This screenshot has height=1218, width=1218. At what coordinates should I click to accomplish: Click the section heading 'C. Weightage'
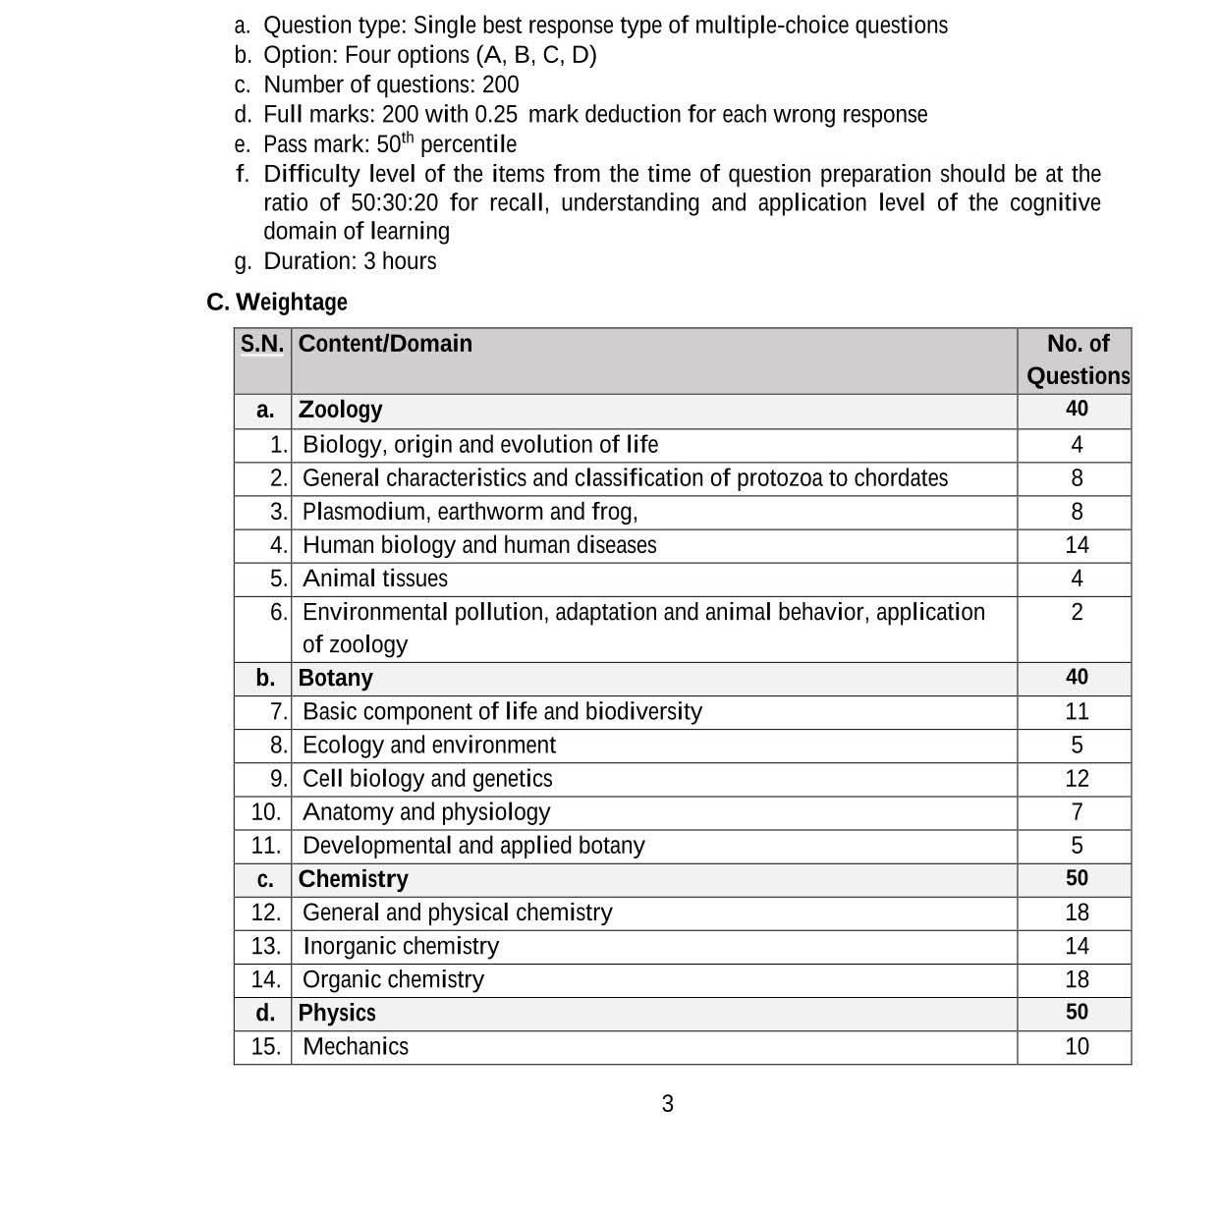277,302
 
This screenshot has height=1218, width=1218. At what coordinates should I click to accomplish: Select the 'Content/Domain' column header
385,344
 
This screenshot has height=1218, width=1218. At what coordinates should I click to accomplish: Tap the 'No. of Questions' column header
1078,360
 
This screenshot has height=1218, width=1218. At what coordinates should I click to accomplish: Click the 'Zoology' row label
340,410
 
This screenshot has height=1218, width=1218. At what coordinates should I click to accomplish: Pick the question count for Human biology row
1077,545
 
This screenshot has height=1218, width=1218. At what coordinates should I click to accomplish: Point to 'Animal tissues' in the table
375,579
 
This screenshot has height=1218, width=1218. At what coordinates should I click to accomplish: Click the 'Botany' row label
335,679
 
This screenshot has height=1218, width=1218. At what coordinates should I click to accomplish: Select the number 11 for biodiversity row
1077,712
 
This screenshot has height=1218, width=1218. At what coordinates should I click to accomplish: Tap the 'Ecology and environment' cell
429,746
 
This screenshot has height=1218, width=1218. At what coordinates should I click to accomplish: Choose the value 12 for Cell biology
1077,779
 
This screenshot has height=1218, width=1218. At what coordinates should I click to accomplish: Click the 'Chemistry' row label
353,879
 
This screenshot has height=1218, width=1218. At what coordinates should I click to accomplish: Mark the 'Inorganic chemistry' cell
401,946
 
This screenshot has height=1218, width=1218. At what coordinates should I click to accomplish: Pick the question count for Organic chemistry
1077,979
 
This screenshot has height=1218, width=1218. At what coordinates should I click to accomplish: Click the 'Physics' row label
337,1013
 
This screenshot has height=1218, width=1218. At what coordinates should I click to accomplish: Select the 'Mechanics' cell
356,1046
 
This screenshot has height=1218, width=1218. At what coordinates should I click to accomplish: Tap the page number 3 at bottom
668,1104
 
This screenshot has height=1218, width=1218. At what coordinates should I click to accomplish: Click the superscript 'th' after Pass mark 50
408,138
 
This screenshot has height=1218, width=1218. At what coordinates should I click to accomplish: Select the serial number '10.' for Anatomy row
265,812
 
